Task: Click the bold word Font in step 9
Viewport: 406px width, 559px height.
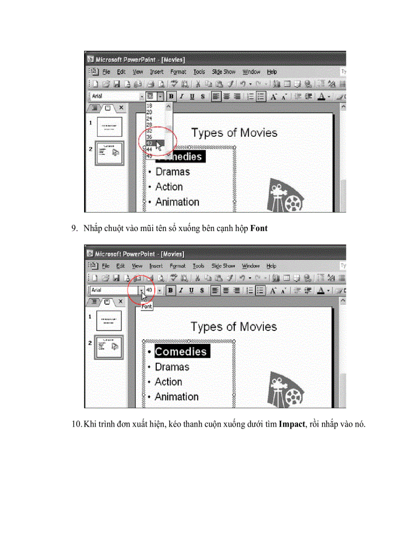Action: [259, 228]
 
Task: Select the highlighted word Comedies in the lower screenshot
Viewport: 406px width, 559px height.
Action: [180, 351]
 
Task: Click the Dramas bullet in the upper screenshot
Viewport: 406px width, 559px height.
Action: [172, 172]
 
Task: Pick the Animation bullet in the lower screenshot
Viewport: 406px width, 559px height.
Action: [176, 397]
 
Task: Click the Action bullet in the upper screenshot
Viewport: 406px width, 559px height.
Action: [169, 187]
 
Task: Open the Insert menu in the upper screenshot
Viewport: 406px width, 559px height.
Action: [157, 72]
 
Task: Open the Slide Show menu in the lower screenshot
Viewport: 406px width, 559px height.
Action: [223, 266]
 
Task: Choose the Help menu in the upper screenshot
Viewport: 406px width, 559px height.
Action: [272, 72]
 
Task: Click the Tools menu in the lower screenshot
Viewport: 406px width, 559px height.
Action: [199, 266]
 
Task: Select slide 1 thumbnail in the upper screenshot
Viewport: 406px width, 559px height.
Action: [109, 127]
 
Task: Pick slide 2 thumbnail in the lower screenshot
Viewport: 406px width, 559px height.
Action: [108, 346]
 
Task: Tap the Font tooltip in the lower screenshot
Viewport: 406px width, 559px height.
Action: [147, 307]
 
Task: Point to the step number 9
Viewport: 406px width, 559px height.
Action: [74, 228]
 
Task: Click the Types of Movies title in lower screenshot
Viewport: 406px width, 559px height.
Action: [233, 327]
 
